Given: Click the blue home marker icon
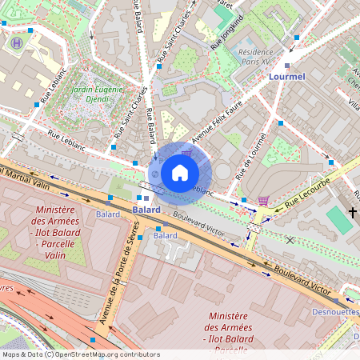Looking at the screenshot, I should (x=180, y=172).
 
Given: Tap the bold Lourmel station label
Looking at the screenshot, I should (x=288, y=76).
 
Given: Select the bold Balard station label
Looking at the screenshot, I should (x=146, y=210).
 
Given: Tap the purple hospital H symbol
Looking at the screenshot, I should (x=14, y=44).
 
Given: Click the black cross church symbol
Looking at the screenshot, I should (x=353, y=213).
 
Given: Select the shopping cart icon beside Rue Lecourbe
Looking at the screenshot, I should (x=263, y=200).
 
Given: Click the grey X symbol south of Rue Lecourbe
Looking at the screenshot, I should (x=290, y=239).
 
